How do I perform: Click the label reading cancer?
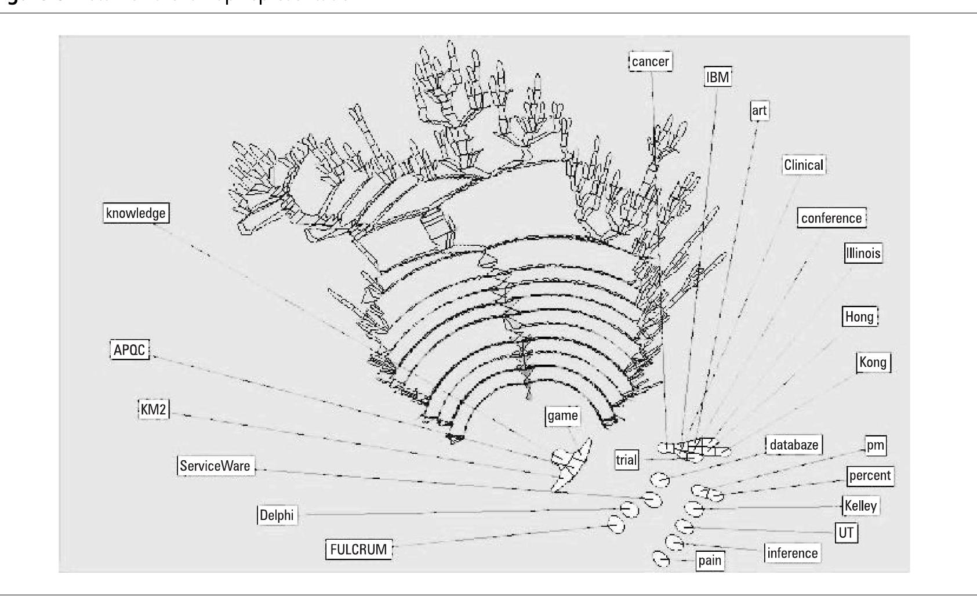tap(651, 61)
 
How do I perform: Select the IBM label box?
tap(718, 77)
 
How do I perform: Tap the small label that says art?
tap(759, 110)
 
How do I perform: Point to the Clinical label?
tap(803, 165)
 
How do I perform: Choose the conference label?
tap(831, 218)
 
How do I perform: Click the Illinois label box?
tap(863, 253)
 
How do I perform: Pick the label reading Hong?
tap(859, 316)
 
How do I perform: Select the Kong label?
tap(873, 362)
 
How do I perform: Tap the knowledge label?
tap(136, 213)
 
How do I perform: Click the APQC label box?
tap(129, 350)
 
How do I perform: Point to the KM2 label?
tap(154, 410)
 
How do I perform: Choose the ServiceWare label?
tap(215, 466)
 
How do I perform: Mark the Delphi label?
tap(277, 515)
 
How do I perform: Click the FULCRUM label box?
tap(358, 549)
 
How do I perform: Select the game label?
tap(562, 416)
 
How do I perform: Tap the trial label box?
tap(626, 460)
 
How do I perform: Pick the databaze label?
tap(794, 445)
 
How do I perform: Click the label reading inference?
tap(792, 553)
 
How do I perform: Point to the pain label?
tap(710, 561)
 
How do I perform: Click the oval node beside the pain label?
tap(662, 559)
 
